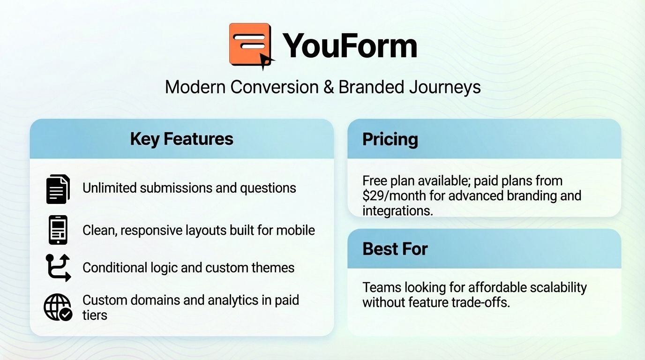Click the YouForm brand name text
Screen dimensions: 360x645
[x=350, y=45]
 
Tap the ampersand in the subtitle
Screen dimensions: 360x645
[x=328, y=87]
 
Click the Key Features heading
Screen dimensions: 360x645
[x=181, y=139]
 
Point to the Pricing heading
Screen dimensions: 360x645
[x=390, y=139]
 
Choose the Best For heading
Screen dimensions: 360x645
[x=395, y=248]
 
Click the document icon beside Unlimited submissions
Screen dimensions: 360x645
[x=58, y=188]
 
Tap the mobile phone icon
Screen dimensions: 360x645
[x=58, y=230]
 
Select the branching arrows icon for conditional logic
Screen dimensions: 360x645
[x=58, y=268]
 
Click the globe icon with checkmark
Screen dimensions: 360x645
[x=58, y=307]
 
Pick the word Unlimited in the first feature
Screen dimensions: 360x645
[x=110, y=188]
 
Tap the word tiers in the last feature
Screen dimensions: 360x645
[x=95, y=315]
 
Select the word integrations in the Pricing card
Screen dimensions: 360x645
[x=397, y=210]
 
